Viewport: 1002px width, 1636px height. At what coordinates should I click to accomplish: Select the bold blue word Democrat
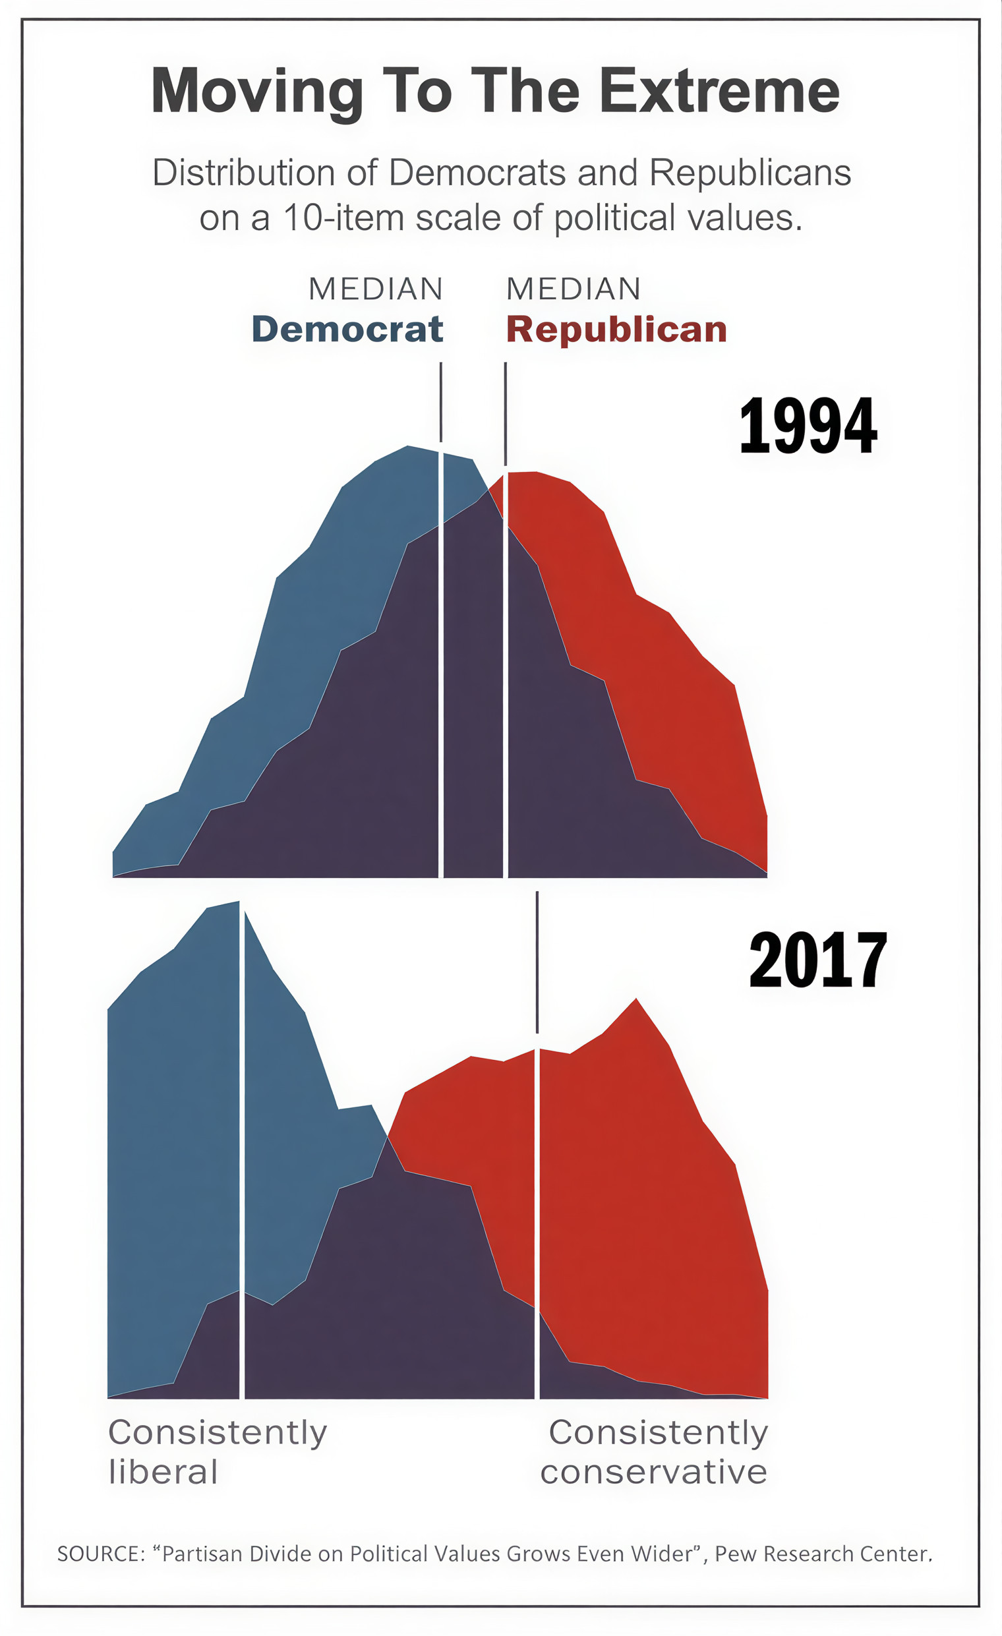click(x=347, y=330)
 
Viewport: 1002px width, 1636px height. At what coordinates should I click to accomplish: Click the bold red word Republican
click(x=616, y=330)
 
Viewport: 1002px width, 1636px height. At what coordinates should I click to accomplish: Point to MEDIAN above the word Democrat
click(x=376, y=289)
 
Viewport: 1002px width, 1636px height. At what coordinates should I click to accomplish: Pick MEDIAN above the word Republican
click(x=574, y=289)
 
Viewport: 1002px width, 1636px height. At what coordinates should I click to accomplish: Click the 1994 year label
click(x=808, y=426)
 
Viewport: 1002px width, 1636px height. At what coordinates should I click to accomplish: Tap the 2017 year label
click(x=817, y=960)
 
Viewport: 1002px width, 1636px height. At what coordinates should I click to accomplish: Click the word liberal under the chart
click(x=163, y=1472)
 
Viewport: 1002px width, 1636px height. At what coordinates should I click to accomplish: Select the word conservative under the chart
click(x=653, y=1472)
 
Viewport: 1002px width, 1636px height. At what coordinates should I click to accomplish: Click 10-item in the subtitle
click(x=344, y=218)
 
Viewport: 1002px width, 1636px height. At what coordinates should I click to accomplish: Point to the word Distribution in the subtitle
click(x=244, y=173)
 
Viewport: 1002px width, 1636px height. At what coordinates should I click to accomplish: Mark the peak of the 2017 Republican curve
click(x=636, y=1000)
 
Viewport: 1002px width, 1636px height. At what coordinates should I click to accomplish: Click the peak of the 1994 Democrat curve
click(x=407, y=446)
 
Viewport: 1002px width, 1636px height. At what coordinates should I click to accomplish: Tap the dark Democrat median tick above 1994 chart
click(x=441, y=401)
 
